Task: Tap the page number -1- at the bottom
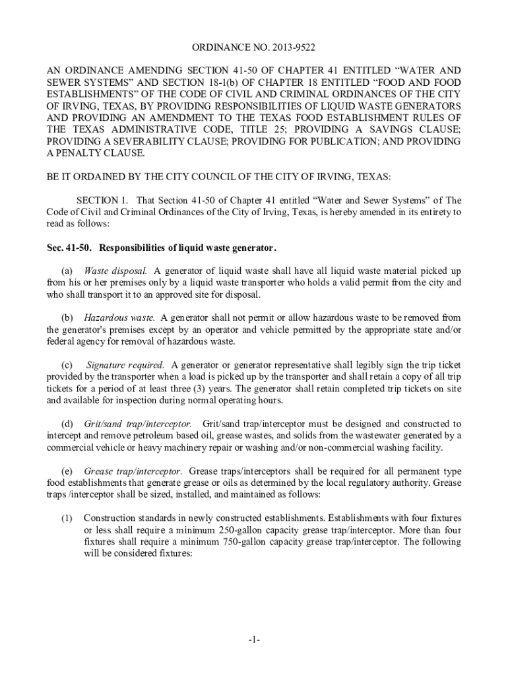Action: coord(254,640)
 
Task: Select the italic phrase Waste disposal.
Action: coord(115,271)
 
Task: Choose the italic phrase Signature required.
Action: coord(125,364)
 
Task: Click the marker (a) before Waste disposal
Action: coord(67,271)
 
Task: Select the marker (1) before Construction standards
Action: coord(67,518)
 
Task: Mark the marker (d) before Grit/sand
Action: coord(67,423)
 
